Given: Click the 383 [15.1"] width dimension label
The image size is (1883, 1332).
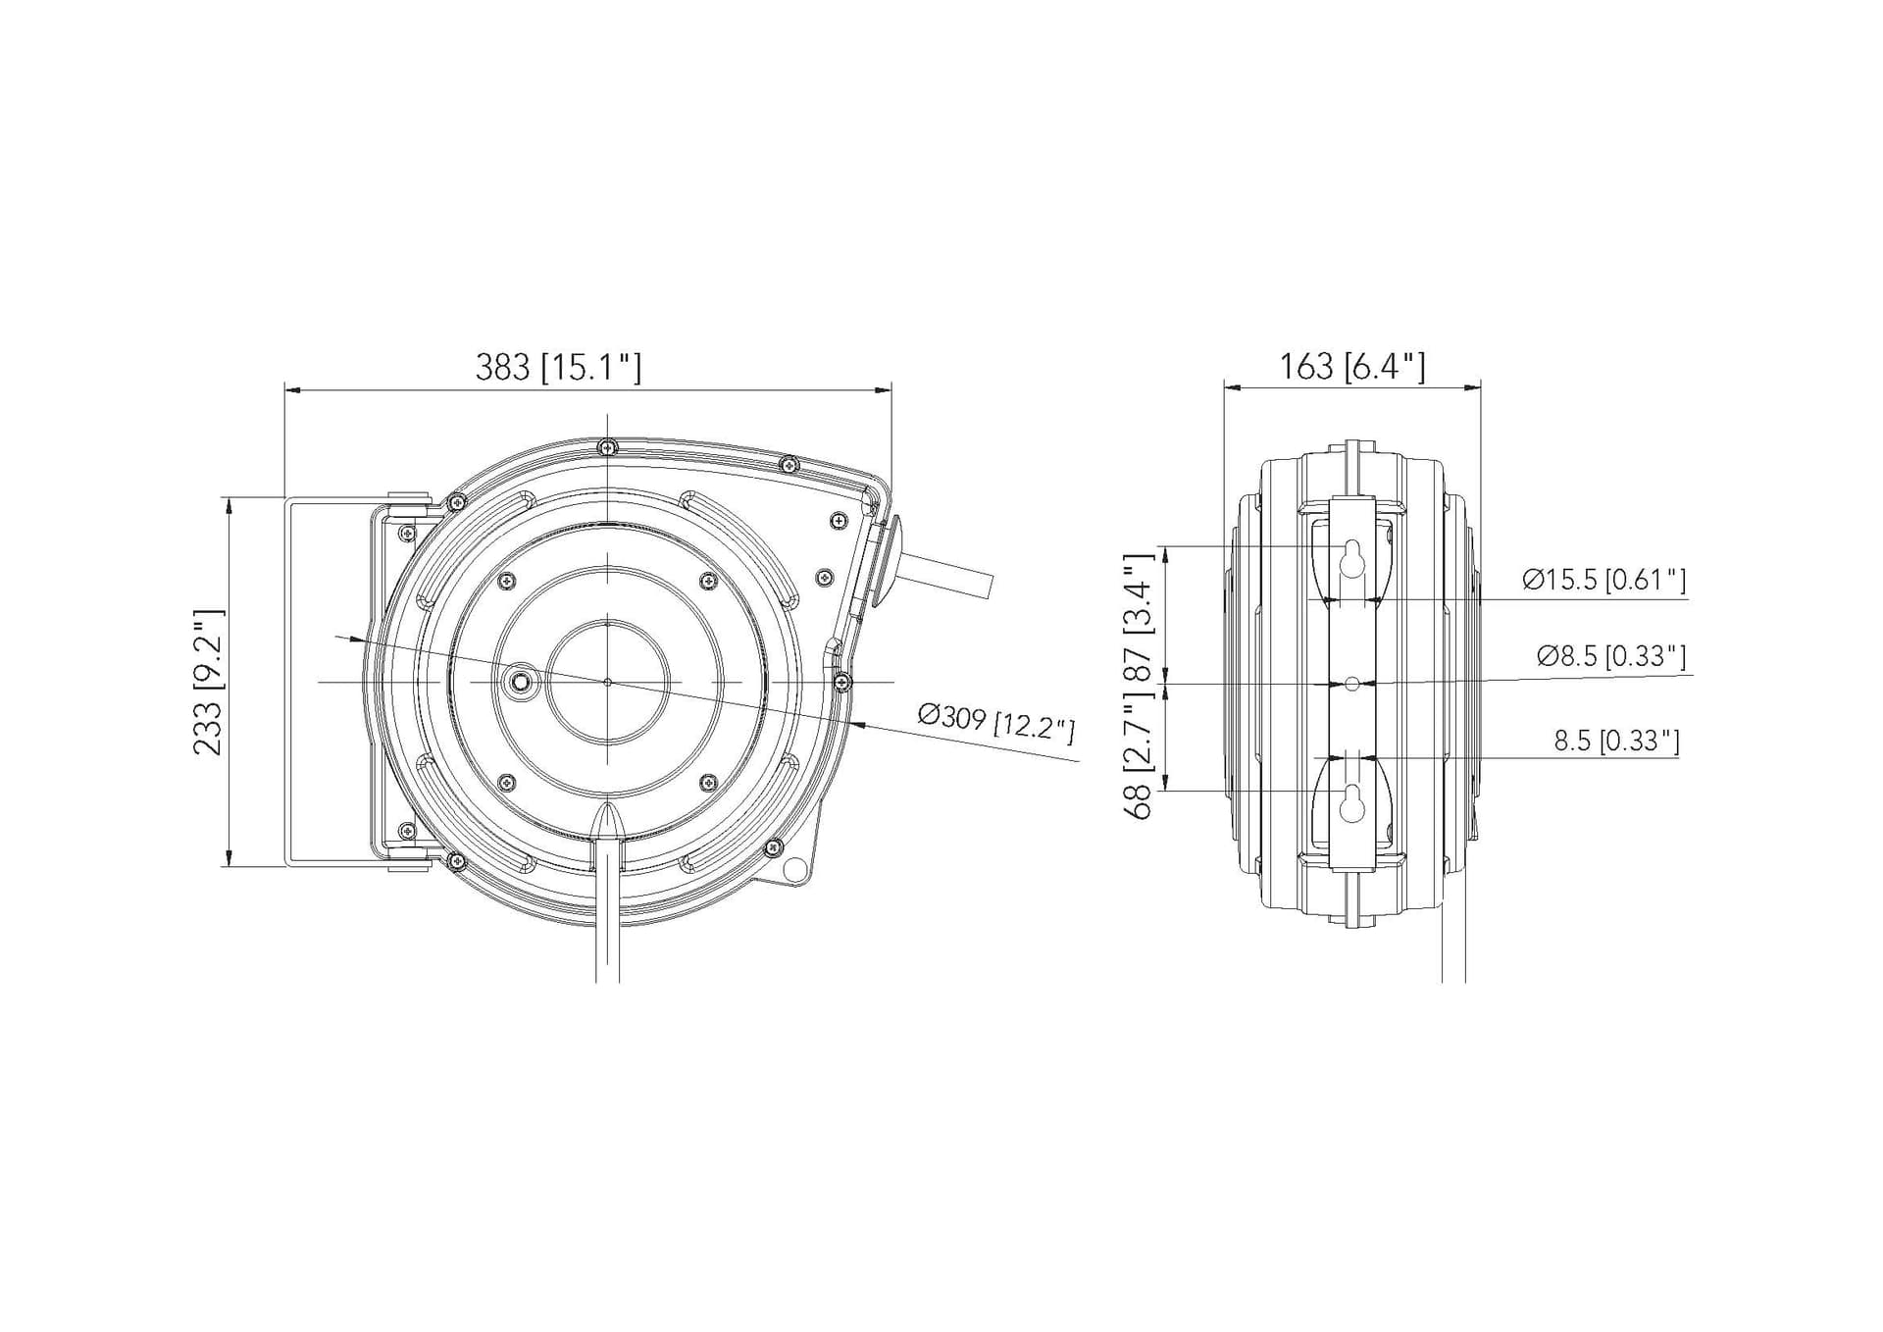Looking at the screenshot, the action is click(558, 367).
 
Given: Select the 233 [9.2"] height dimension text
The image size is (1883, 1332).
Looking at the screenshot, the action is click(209, 682).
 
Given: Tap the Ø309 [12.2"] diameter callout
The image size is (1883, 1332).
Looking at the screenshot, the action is click(996, 724).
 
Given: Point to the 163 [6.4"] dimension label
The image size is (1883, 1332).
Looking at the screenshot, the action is click(1351, 366).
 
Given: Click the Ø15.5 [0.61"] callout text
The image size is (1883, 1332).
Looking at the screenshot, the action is click(1604, 580).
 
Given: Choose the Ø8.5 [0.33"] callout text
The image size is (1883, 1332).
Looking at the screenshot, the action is click(1611, 656).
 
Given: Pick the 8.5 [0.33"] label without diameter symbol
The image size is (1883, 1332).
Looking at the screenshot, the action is click(1616, 741).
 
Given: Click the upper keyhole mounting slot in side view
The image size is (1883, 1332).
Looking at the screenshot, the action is click(1352, 558).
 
